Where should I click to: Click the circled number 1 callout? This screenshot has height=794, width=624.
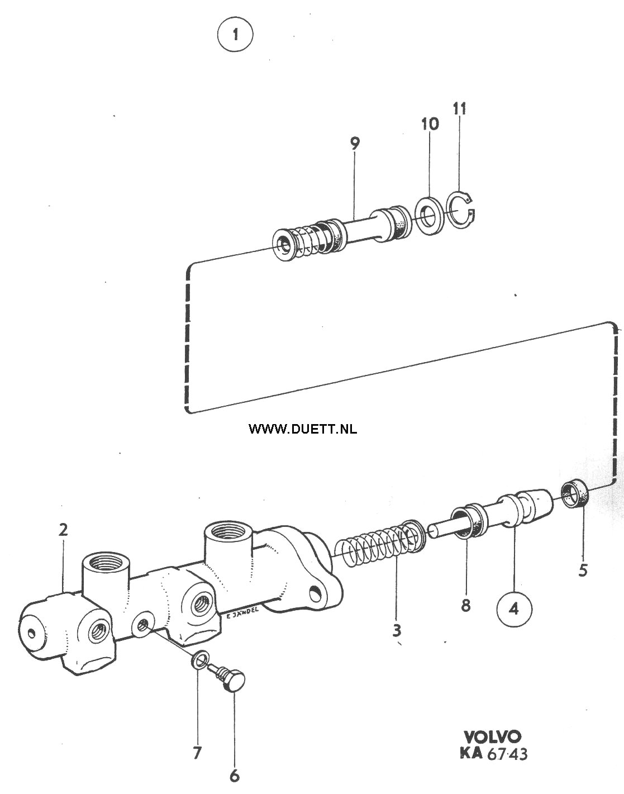click(x=235, y=35)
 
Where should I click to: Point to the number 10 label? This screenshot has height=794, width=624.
click(x=430, y=124)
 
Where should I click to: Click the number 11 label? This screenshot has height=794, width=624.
click(x=460, y=109)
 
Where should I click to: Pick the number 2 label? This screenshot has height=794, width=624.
click(x=63, y=530)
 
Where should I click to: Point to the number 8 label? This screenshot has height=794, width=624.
click(x=465, y=606)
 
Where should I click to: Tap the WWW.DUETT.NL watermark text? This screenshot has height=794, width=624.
click(x=303, y=429)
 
